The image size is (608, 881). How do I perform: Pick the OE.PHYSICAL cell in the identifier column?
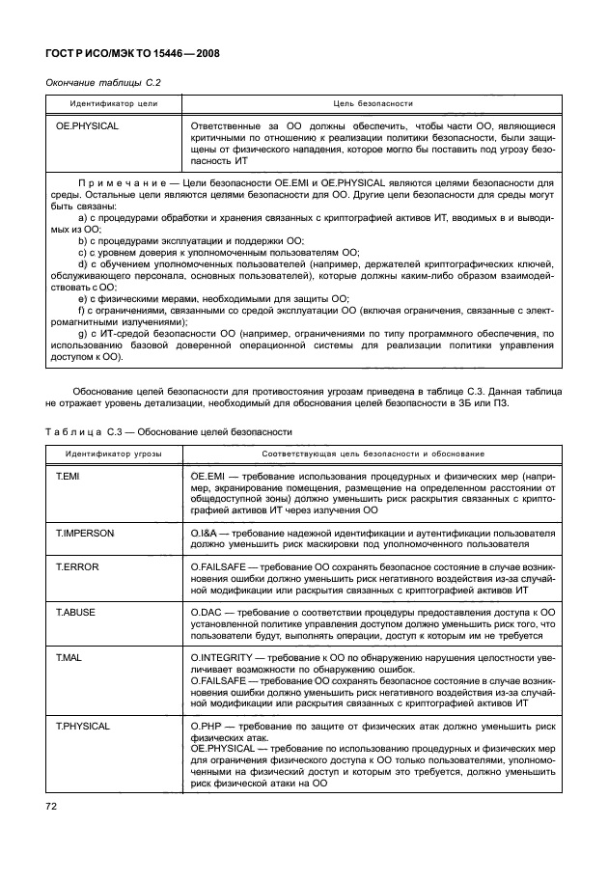[87, 126]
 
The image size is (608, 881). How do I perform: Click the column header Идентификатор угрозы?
[114, 453]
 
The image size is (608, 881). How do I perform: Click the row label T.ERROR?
[76, 566]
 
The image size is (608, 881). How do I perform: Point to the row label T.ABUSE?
[75, 611]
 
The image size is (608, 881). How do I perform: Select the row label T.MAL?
[68, 655]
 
